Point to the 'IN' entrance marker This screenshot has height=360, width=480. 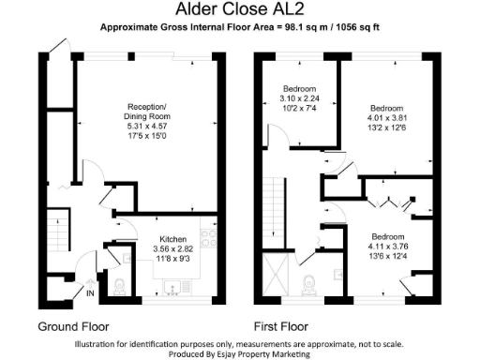tap(91, 293)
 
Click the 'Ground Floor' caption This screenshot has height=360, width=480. tap(73, 327)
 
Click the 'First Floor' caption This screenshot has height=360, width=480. tap(280, 327)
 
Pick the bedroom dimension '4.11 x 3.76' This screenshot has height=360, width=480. tap(385, 247)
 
